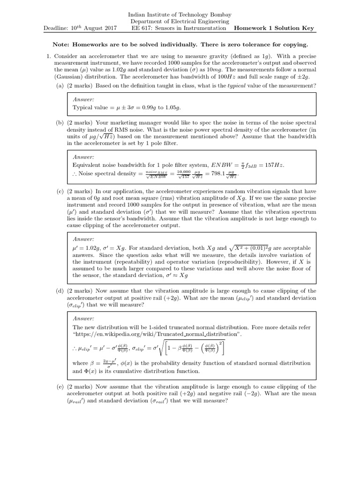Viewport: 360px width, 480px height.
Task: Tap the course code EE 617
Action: click(x=140, y=28)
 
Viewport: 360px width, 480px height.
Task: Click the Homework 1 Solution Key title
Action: click(x=275, y=28)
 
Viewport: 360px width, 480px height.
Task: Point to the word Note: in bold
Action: click(x=62, y=45)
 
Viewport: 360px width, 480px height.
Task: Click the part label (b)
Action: click(x=60, y=123)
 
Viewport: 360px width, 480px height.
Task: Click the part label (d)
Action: click(x=60, y=291)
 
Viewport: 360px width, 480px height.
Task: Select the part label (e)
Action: click(x=60, y=387)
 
